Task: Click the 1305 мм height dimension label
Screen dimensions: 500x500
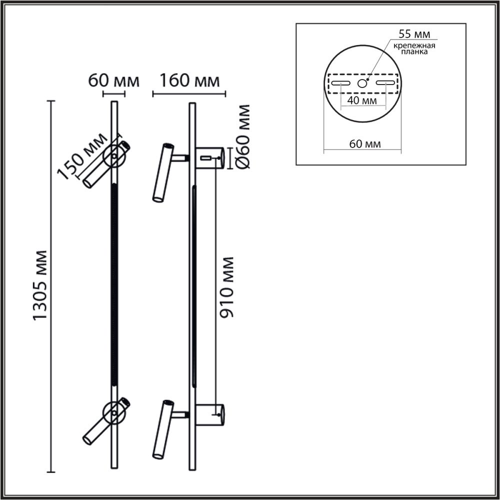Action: (40, 285)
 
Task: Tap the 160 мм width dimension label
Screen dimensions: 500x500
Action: (189, 80)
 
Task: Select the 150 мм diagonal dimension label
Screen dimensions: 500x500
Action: (82, 155)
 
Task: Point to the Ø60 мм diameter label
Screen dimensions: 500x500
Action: (242, 136)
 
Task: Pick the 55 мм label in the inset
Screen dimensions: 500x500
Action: (414, 34)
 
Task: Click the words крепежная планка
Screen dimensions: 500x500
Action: (414, 48)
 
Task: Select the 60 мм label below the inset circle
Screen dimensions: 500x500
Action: (365, 144)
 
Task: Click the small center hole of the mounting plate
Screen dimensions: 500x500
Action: (362, 83)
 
